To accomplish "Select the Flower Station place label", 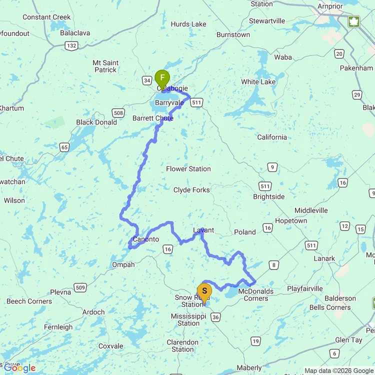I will coord(188,169).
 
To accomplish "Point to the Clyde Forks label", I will coord(191,190).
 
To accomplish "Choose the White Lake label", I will coord(258,82).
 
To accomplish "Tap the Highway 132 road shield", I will coord(70,46).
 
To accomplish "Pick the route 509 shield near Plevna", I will coord(80,287).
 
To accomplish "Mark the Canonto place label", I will coord(146,239).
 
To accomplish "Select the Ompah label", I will coord(123,264).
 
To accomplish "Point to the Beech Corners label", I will coord(29,301).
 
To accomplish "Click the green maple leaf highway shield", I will coord(354,21).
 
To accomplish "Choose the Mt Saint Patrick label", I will coord(105,66).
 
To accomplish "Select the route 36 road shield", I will coord(215,316).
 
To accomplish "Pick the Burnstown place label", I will coord(233,35).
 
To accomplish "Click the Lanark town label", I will coord(324,258).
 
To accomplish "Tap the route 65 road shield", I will coord(64,147).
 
